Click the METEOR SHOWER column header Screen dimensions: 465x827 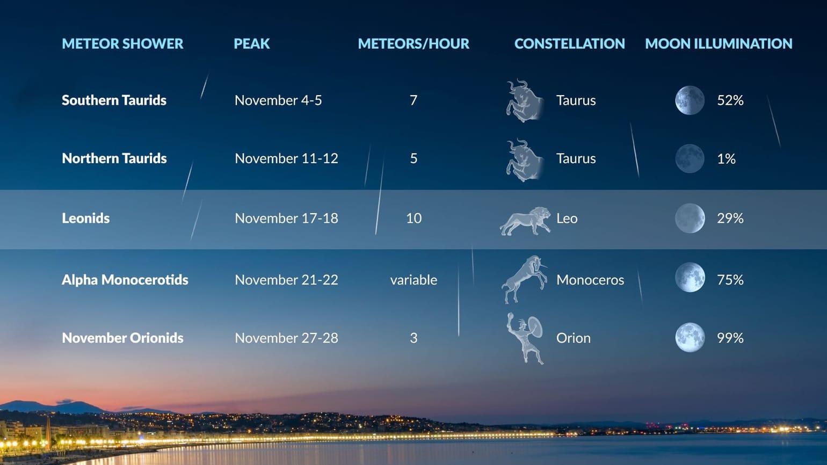pyautogui.click(x=122, y=43)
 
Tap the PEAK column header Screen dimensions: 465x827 pyautogui.click(x=251, y=43)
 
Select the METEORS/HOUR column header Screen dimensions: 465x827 pyautogui.click(x=414, y=43)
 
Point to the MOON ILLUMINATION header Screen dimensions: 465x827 pyautogui.click(x=719, y=43)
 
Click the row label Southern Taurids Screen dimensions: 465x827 pyautogui.click(x=114, y=100)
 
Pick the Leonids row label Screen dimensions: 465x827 pyautogui.click(x=85, y=218)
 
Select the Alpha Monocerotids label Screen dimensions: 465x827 pyautogui.click(x=125, y=280)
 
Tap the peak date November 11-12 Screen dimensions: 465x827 pyautogui.click(x=286, y=158)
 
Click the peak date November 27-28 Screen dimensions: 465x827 pyautogui.click(x=286, y=338)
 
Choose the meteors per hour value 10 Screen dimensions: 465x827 pyautogui.click(x=414, y=218)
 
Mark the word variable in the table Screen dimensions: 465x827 pyautogui.click(x=414, y=280)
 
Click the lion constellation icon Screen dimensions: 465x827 pyautogui.click(x=525, y=221)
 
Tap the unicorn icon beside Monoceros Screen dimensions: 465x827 pyautogui.click(x=524, y=279)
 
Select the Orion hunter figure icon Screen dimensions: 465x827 pyautogui.click(x=525, y=338)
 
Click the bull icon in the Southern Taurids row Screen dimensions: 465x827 pyautogui.click(x=524, y=100)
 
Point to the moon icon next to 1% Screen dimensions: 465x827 pyautogui.click(x=690, y=158)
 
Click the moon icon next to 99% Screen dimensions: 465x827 pyautogui.click(x=690, y=338)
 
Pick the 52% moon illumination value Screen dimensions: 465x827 pyautogui.click(x=730, y=100)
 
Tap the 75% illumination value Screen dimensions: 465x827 pyautogui.click(x=730, y=280)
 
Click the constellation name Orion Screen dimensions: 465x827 pyautogui.click(x=573, y=338)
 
